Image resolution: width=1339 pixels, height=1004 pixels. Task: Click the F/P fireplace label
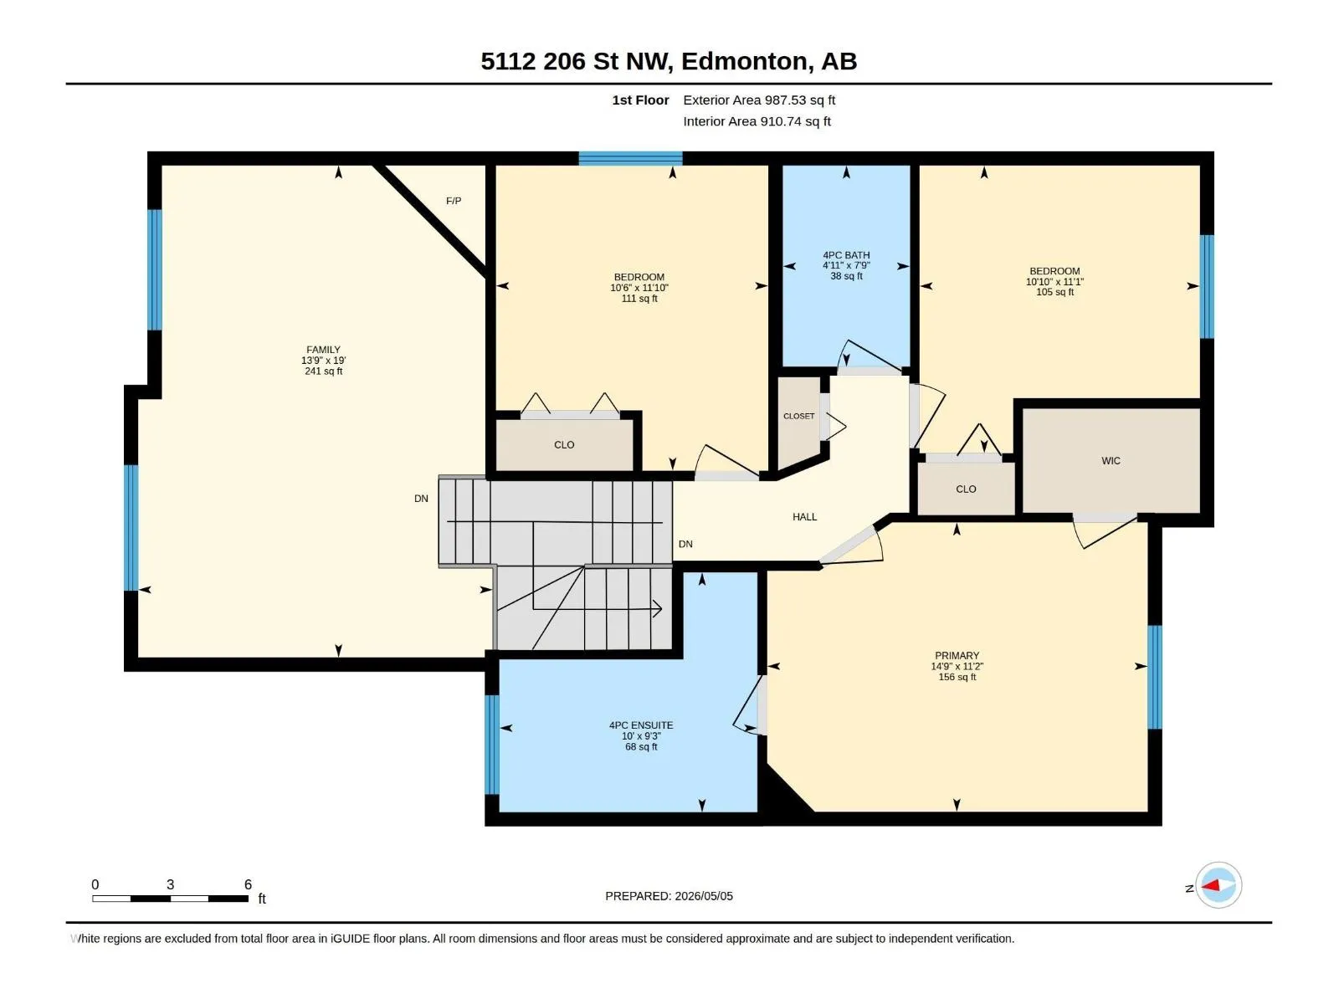pyautogui.click(x=454, y=201)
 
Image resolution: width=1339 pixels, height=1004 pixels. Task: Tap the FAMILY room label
pyautogui.click(x=323, y=350)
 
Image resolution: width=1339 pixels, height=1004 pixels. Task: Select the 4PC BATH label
pyautogui.click(x=846, y=255)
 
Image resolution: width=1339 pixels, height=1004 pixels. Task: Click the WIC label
pyautogui.click(x=1111, y=461)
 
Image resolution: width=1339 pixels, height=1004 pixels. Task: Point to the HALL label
pyautogui.click(x=804, y=517)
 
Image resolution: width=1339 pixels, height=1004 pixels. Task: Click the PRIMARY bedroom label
pyautogui.click(x=957, y=656)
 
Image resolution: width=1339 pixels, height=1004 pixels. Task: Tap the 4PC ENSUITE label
pyautogui.click(x=641, y=725)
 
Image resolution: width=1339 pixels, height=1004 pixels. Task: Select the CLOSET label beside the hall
pyautogui.click(x=799, y=417)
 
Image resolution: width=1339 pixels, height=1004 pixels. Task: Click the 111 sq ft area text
pyautogui.click(x=639, y=299)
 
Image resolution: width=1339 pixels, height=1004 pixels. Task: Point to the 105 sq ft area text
pyautogui.click(x=1054, y=292)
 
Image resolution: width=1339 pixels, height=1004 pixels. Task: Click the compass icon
pyautogui.click(x=1218, y=885)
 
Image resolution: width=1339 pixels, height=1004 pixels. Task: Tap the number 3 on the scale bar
pyautogui.click(x=170, y=884)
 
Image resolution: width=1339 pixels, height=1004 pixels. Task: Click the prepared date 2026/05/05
pyautogui.click(x=704, y=896)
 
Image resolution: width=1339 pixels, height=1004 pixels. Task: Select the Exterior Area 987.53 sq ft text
pyautogui.click(x=759, y=100)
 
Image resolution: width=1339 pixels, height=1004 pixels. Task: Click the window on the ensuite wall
pyautogui.click(x=492, y=745)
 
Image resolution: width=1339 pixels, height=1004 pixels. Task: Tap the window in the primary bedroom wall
pyautogui.click(x=1154, y=677)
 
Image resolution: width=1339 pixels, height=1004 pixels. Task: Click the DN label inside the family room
pyautogui.click(x=421, y=499)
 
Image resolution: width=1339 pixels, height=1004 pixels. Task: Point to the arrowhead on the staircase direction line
pyautogui.click(x=658, y=608)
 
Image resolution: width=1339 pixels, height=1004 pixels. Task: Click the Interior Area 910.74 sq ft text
pyautogui.click(x=757, y=121)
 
